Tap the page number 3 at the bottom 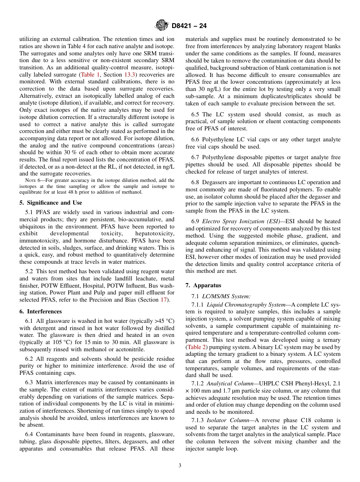point(180,465)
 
